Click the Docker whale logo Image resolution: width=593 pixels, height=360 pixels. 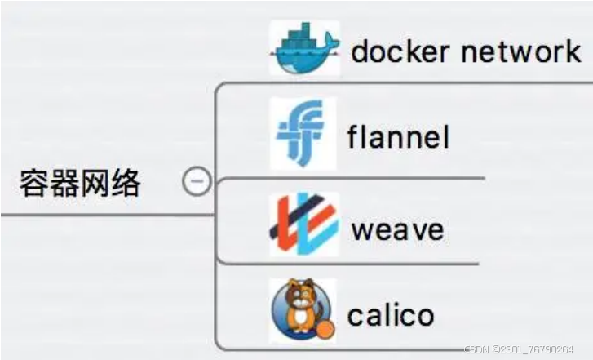coord(304,48)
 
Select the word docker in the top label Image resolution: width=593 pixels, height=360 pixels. coord(400,51)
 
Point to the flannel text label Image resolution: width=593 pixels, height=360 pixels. coord(398,136)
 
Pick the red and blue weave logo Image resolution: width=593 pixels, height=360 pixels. coord(303,224)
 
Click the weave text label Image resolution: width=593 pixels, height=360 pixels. coord(397,229)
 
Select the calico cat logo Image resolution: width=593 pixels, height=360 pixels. coord(302,311)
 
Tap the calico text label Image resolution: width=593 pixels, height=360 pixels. coord(392,314)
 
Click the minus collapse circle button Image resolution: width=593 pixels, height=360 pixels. coord(197,182)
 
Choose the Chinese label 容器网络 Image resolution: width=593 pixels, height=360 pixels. coord(80,184)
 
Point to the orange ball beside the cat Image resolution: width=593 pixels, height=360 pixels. coord(324,329)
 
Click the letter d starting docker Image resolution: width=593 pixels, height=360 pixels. coord(361,51)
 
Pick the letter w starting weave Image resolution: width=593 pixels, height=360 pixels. coord(362,230)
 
